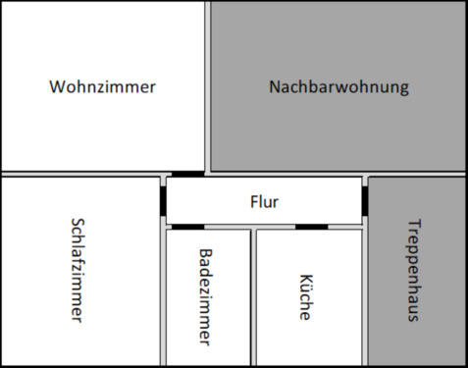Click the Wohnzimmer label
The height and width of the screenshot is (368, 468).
(103, 86)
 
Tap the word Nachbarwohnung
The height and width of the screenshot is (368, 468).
(338, 86)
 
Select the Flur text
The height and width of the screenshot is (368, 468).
(265, 202)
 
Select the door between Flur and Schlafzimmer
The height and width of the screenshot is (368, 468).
(162, 198)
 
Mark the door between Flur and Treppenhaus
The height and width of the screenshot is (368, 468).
(366, 199)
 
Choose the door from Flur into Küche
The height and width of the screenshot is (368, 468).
(312, 227)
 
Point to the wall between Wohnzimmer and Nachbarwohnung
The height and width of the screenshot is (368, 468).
(208, 86)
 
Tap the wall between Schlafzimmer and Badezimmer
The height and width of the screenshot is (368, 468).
(162, 294)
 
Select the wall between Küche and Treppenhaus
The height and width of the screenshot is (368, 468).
(366, 294)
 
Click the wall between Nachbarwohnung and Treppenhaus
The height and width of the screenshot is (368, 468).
(417, 175)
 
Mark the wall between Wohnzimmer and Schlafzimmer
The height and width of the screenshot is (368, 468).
(78, 175)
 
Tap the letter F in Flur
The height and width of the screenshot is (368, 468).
(254, 202)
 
